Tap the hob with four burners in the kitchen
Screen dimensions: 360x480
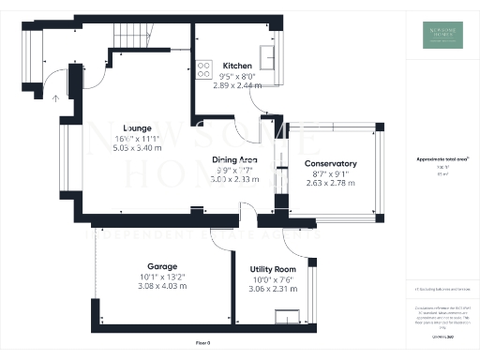point(202,67)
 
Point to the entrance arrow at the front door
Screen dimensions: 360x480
point(54,95)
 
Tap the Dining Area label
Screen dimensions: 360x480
point(234,160)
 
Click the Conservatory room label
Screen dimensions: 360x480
point(332,164)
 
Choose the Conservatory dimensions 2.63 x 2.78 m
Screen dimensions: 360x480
point(332,183)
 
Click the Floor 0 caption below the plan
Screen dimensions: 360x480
point(202,343)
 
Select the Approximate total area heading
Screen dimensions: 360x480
point(442,159)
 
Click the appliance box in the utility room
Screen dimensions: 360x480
point(292,317)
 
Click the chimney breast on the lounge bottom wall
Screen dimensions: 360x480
point(197,210)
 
